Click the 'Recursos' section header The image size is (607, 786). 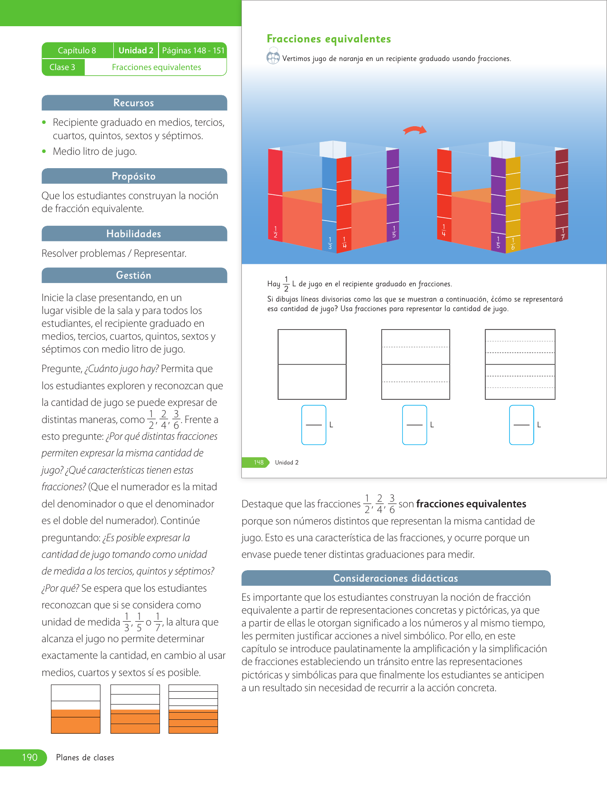pyautogui.click(x=134, y=103)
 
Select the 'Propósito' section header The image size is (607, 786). pyautogui.click(x=134, y=176)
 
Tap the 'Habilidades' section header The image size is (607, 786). pyautogui.click(x=134, y=234)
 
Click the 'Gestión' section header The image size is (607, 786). pyautogui.click(x=134, y=275)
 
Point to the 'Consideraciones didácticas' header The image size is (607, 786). pyautogui.click(x=396, y=578)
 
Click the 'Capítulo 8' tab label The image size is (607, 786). pyautogui.click(x=77, y=50)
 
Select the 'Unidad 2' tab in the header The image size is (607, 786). pyautogui.click(x=136, y=50)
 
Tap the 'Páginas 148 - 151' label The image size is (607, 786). pyautogui.click(x=193, y=50)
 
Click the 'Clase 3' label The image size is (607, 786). pyautogui.click(x=62, y=67)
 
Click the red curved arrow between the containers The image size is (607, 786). pyautogui.click(x=415, y=130)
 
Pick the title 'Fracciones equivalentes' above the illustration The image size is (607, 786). pyautogui.click(x=329, y=39)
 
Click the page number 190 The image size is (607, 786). pyautogui.click(x=30, y=757)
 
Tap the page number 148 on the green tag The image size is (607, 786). pyautogui.click(x=259, y=463)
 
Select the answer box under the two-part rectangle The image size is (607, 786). pyautogui.click(x=314, y=425)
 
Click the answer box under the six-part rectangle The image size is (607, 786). pyautogui.click(x=521, y=425)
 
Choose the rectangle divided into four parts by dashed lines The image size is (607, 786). pyautogui.click(x=416, y=364)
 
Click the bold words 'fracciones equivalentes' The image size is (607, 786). pyautogui.click(x=471, y=504)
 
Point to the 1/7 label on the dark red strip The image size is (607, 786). pyautogui.click(x=563, y=233)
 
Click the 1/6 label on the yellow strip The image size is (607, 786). pyautogui.click(x=513, y=244)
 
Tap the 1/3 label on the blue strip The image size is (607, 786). pyautogui.click(x=330, y=243)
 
